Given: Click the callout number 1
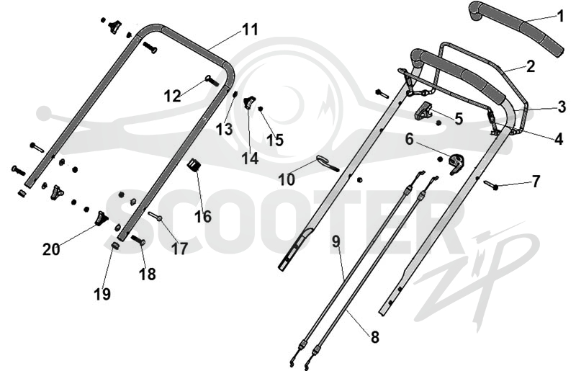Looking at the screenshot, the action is click(x=560, y=16).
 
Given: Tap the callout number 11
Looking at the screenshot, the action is click(x=250, y=30).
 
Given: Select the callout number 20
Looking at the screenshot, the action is click(x=51, y=249).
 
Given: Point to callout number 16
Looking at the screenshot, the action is click(x=203, y=216).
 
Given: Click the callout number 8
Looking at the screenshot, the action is click(x=374, y=337).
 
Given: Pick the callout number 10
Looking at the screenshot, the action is click(x=287, y=180).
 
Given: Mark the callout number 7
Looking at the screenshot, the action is click(x=536, y=182).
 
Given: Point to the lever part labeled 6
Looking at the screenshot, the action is click(x=456, y=164).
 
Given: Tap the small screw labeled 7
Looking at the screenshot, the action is click(x=490, y=184).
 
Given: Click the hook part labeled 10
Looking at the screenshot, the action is click(x=327, y=164).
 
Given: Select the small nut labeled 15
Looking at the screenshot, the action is click(x=261, y=109).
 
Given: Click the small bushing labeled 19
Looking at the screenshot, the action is click(x=115, y=245).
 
